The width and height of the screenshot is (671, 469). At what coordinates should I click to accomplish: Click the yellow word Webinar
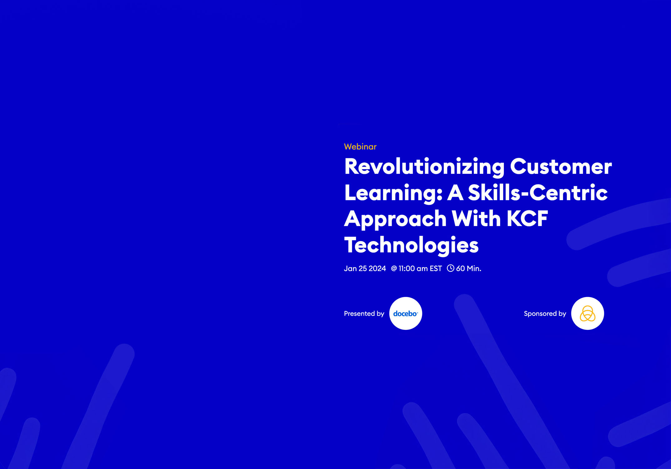(360, 147)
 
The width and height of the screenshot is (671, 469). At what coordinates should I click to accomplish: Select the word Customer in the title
(561, 167)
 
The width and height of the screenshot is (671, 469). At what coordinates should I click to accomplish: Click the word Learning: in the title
(393, 193)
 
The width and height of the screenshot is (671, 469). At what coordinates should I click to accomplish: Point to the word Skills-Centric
(538, 193)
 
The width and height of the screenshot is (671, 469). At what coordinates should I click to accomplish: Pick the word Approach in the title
(395, 219)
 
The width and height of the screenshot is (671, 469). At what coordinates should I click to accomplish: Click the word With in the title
(476, 219)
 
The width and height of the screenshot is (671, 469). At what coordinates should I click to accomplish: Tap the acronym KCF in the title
(528, 219)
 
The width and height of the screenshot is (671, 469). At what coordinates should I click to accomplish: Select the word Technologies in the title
(411, 245)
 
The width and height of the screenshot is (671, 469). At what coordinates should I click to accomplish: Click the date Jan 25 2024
(365, 269)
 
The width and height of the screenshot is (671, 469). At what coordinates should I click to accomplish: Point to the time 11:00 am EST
(420, 269)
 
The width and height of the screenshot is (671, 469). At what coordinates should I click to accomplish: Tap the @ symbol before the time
(394, 268)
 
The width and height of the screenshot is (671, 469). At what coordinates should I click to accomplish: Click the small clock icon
(450, 268)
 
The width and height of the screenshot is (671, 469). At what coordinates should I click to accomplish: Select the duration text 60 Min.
(469, 269)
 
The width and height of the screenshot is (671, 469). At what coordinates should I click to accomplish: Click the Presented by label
(364, 314)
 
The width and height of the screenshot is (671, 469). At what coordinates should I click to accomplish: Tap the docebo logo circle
(405, 314)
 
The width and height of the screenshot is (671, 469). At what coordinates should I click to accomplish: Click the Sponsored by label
(545, 314)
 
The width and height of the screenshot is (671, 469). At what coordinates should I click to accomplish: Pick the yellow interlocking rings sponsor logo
(587, 314)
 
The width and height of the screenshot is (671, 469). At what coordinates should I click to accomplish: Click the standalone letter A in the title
(455, 193)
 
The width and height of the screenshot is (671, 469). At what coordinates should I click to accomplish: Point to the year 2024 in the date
(377, 269)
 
